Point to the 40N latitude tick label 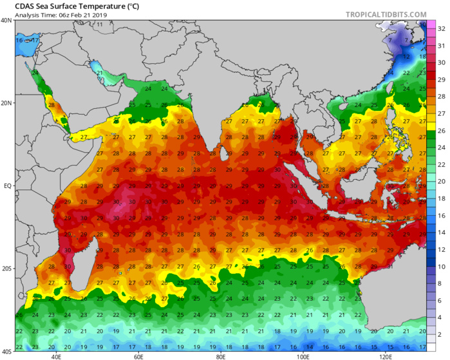pos(6,21)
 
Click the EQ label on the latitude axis pos(7,185)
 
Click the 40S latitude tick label pos(6,352)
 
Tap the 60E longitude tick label pos(138,356)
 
